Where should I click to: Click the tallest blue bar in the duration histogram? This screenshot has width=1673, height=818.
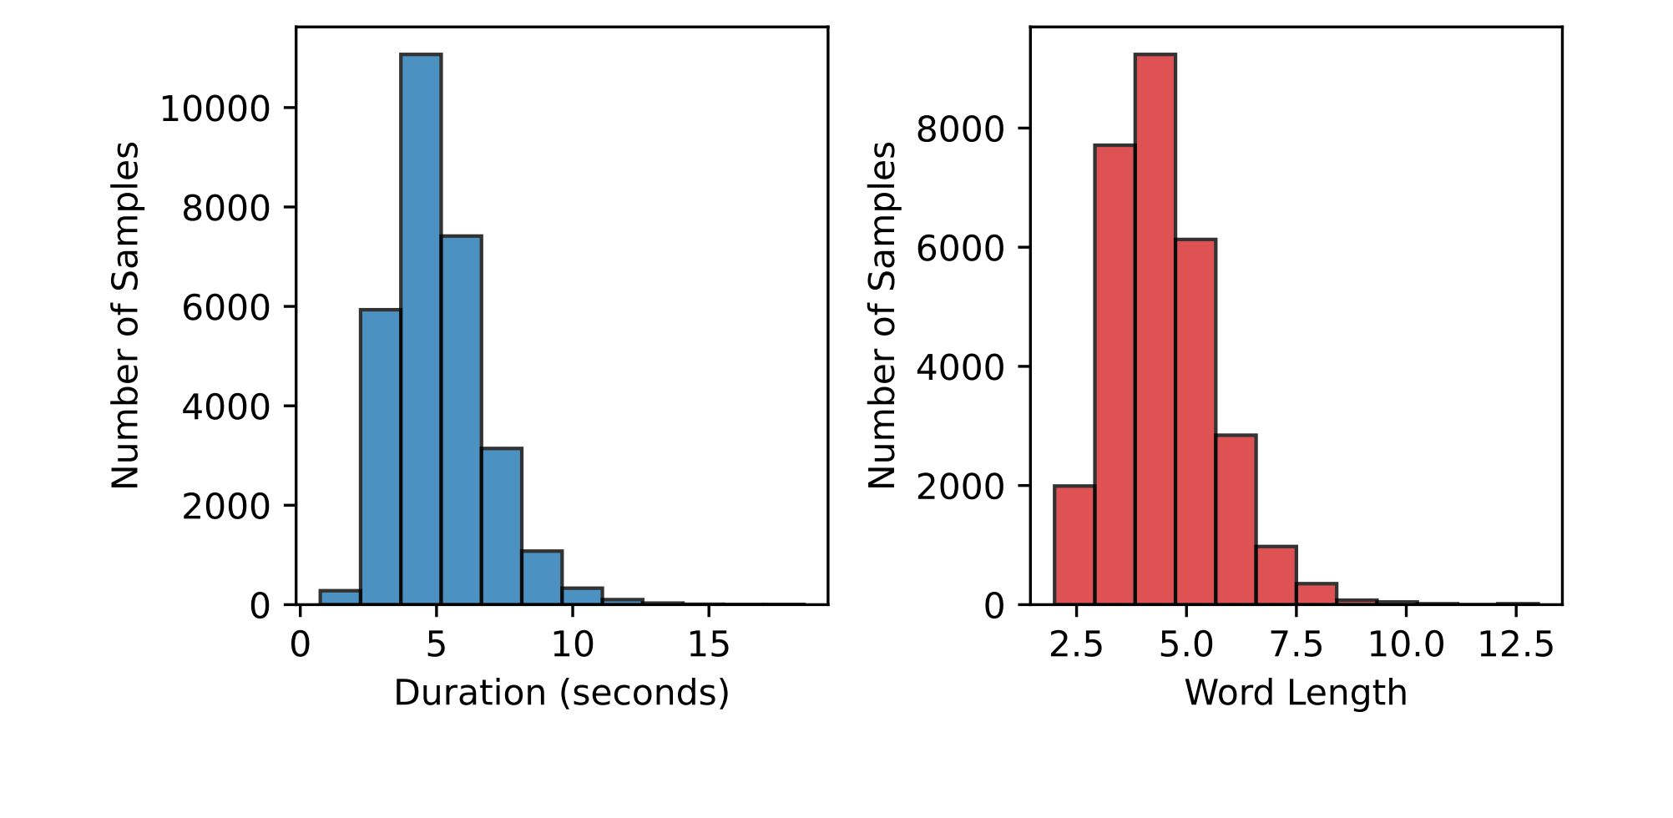tap(421, 329)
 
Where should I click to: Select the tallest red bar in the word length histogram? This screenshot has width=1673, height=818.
tap(1155, 329)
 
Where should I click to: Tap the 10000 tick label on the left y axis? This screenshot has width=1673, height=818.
tap(215, 109)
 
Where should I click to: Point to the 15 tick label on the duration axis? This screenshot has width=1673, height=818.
tap(708, 644)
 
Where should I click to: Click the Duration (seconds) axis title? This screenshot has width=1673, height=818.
tap(561, 693)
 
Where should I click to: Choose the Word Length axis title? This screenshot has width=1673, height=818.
tap(1295, 693)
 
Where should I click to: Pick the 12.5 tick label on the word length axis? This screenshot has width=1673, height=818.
tap(1515, 644)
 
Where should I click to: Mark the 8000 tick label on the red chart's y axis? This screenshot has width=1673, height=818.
tap(960, 129)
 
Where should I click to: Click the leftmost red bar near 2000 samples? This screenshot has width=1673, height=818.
tap(1074, 545)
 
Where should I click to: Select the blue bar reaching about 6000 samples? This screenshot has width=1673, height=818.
tap(381, 457)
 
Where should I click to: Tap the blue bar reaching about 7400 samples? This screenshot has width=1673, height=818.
tap(461, 420)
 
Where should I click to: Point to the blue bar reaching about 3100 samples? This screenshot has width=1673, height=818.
tap(501, 526)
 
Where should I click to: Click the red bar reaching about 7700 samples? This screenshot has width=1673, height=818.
tap(1114, 375)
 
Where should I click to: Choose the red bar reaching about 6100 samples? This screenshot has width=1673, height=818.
tap(1195, 422)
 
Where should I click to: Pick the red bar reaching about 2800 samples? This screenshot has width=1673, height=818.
tap(1236, 519)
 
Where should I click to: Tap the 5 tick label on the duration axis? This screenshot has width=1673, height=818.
tap(436, 644)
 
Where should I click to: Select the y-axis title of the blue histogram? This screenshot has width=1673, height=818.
tap(125, 316)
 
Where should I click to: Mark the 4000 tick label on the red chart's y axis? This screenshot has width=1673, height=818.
tap(960, 367)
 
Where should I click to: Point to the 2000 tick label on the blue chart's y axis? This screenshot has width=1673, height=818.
tap(226, 506)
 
